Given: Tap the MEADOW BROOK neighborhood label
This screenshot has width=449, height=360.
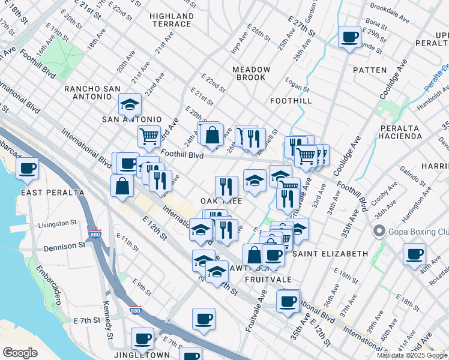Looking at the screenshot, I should [x=252, y=74].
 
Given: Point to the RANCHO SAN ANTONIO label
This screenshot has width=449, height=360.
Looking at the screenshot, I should [x=97, y=94].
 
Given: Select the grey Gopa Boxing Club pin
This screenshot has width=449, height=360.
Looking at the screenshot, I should [x=379, y=231].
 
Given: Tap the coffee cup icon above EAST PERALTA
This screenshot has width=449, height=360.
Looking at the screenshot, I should [x=27, y=169].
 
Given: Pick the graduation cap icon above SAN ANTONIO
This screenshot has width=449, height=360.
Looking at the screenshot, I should [x=130, y=104].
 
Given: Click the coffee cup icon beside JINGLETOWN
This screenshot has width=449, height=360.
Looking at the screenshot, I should [x=142, y=338].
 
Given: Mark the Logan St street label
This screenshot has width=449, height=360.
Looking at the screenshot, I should [x=296, y=86].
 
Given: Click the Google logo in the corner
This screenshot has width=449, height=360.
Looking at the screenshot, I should [x=20, y=353].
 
